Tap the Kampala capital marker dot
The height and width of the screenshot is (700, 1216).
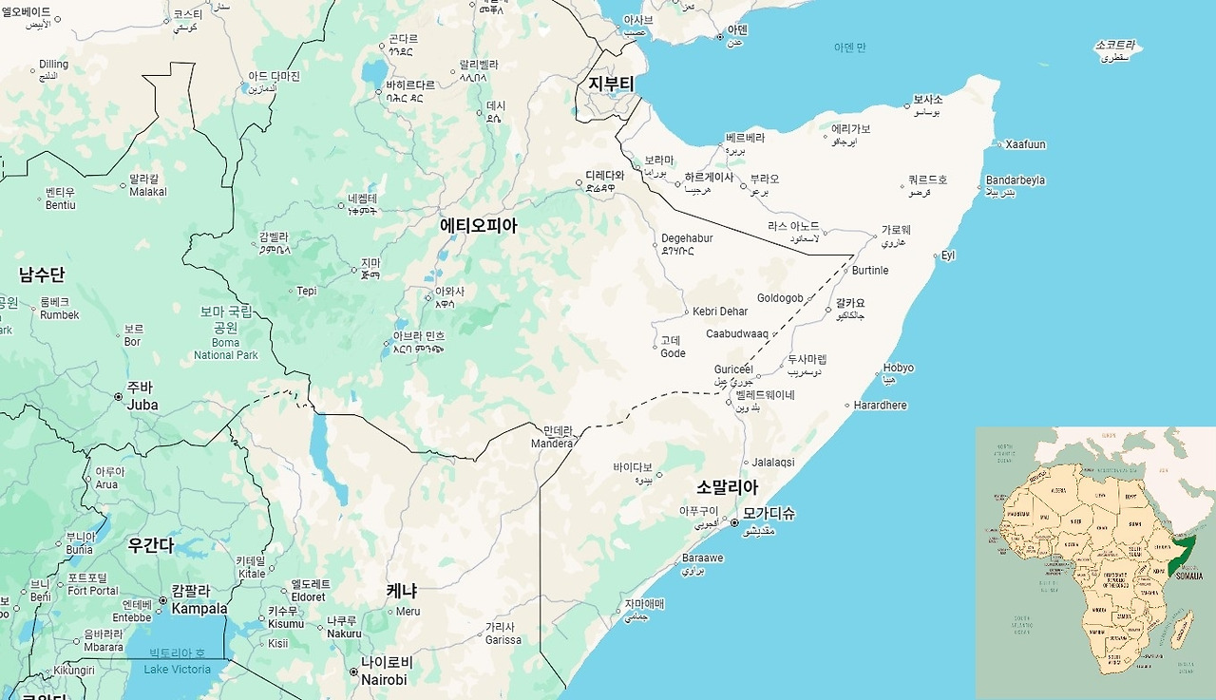coord(162,600)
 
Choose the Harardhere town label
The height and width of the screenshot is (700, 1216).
coord(880,406)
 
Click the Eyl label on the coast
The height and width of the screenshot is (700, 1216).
coord(948,255)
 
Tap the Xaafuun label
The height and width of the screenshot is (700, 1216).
coord(1025,144)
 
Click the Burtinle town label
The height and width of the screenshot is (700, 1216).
coord(870,271)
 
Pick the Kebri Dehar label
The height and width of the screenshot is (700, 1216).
coord(720,312)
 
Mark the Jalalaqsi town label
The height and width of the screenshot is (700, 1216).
coord(773,463)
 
